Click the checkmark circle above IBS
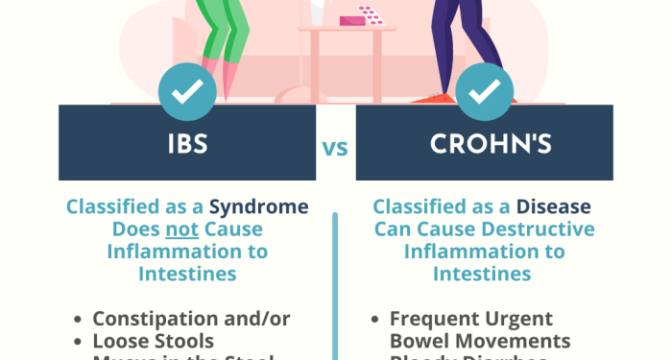point(187,92)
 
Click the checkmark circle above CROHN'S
point(484,92)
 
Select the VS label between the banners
point(335,149)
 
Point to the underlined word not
point(180,229)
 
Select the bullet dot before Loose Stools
point(78,341)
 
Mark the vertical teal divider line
point(335,288)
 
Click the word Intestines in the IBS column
point(187,274)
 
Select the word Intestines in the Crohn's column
point(483,274)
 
